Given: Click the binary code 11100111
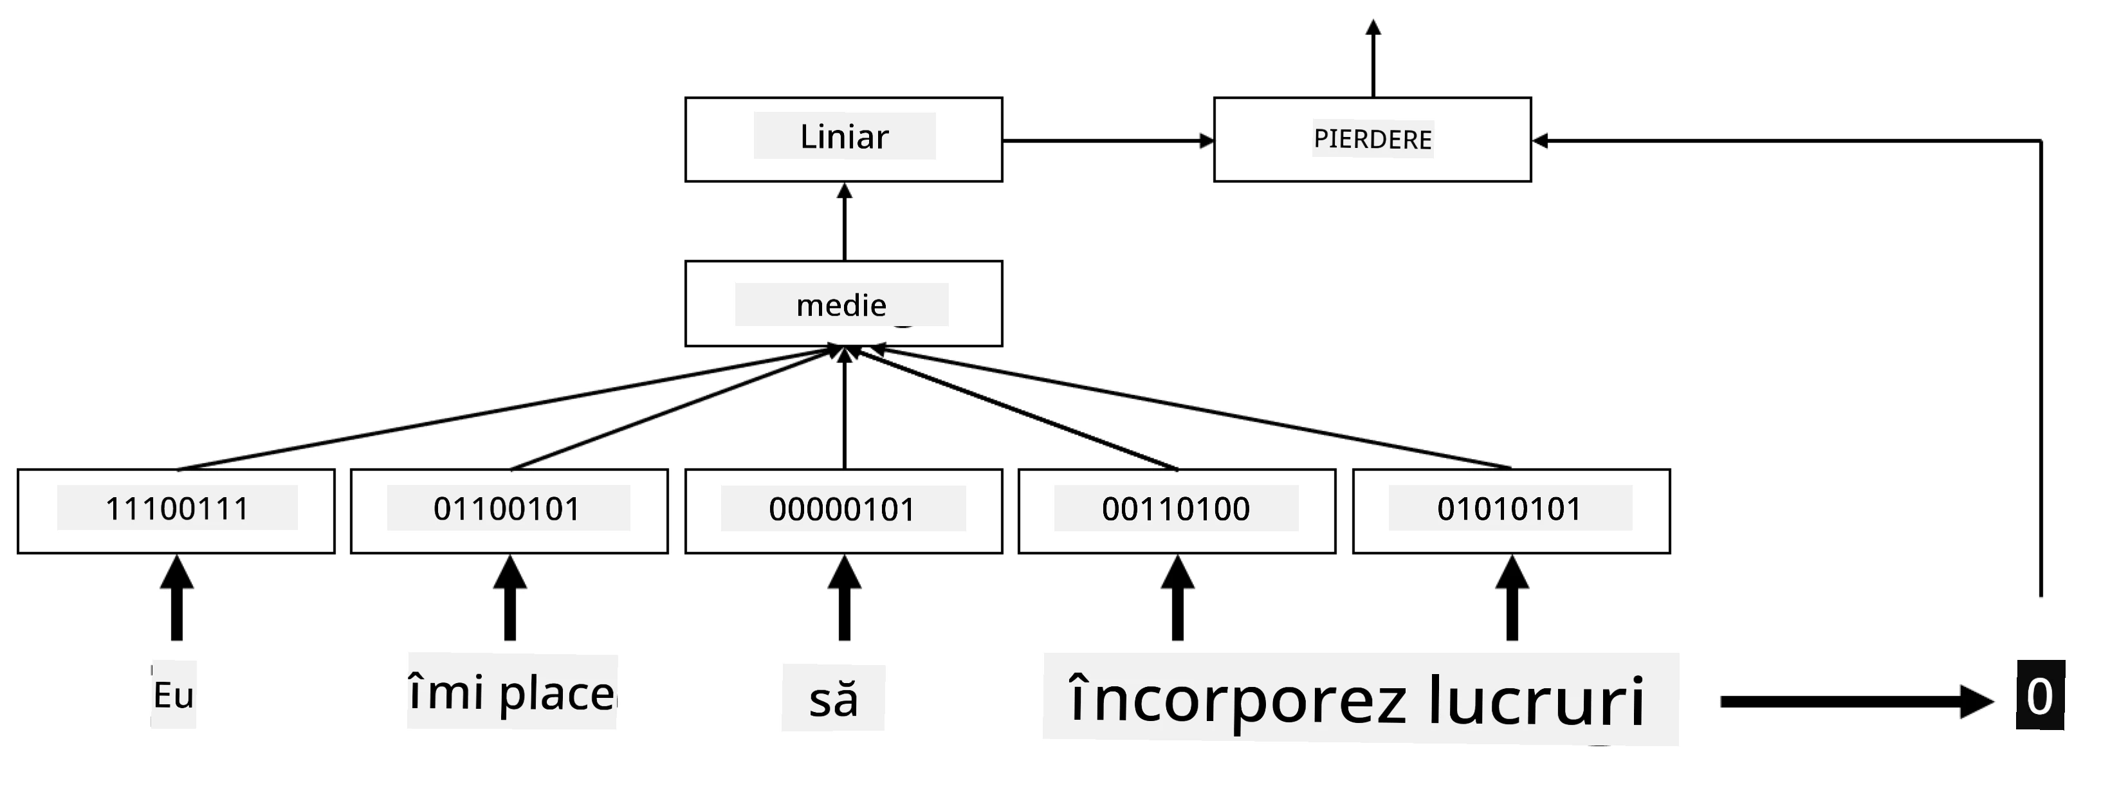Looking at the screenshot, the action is coord(177,509).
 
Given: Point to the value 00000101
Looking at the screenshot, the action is coord(842,509).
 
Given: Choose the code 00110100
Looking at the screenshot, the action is coord(1177,509).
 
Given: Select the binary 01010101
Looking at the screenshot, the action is coord(1509,509).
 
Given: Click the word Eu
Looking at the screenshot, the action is coord(174,695).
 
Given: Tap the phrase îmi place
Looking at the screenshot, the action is coord(511,692).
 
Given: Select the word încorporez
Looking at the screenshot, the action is coord(1237,701).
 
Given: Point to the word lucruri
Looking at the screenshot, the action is coord(1536,701).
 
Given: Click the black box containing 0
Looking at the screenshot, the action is coord(2040,695).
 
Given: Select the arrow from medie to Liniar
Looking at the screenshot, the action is coord(844,222).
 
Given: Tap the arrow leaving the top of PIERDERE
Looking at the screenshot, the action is coord(1373,57).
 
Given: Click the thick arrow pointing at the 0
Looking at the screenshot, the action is coord(1857,701).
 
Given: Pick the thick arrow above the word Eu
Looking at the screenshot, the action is coord(177,598).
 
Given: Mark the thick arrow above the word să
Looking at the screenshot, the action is coord(844,598).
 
